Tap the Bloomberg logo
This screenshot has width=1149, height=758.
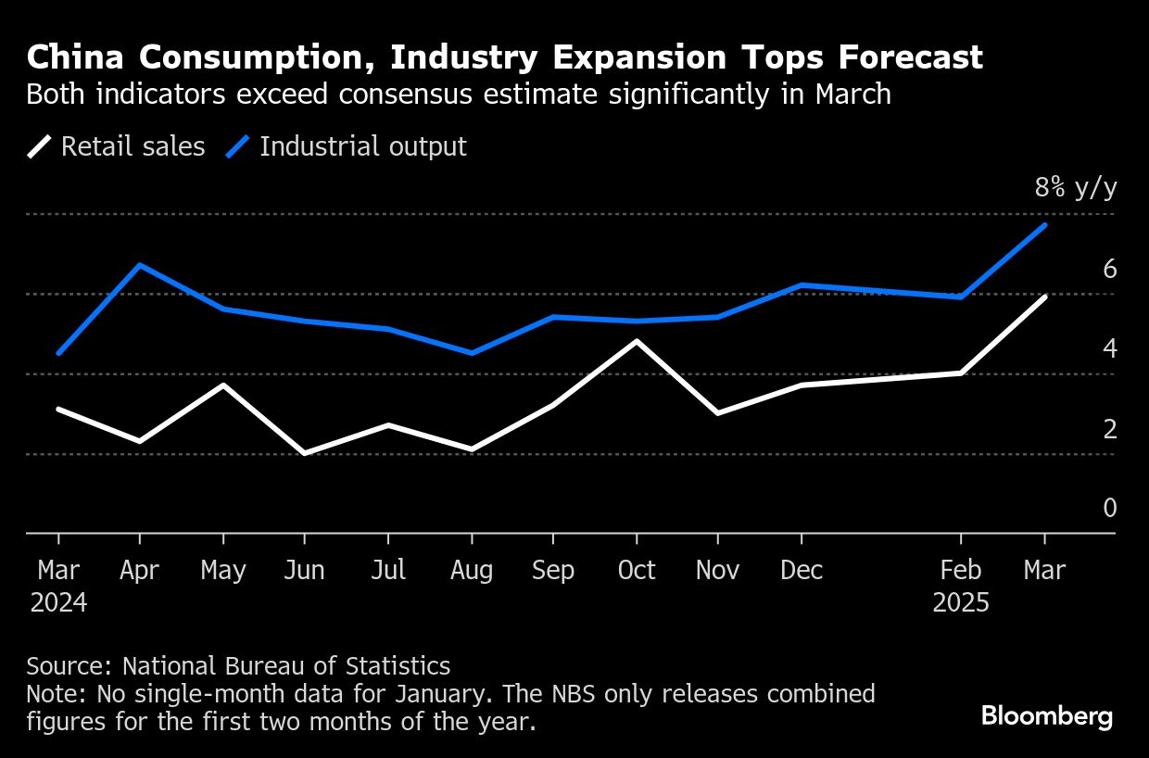1046,716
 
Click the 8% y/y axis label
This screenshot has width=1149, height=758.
1076,189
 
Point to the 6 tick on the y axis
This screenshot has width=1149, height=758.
1109,270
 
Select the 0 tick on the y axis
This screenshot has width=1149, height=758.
1109,508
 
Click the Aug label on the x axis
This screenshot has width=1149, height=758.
471,571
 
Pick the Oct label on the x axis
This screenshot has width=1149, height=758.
637,571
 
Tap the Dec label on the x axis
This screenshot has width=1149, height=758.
801,571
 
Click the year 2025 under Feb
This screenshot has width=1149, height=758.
961,603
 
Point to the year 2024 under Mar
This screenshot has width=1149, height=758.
58,603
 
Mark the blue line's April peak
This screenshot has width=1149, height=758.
140,265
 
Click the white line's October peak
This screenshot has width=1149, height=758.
637,341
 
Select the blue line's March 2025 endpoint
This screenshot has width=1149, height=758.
1045,225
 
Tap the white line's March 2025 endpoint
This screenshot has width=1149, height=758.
1045,297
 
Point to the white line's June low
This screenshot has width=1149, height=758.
305,453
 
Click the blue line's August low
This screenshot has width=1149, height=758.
471,353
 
